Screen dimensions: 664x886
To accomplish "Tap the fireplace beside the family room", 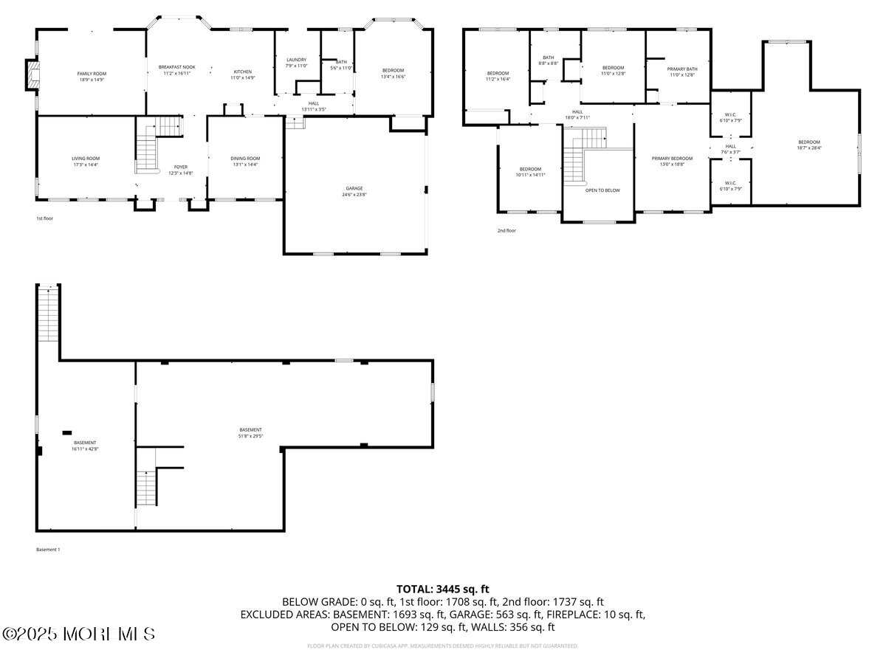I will coord(31,75).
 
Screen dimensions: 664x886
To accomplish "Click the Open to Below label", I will coord(602,190).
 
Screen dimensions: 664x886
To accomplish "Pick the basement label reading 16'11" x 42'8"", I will coord(84,446).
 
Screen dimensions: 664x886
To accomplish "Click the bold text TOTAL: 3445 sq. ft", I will coord(443,589).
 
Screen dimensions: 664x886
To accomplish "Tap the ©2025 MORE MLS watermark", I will coord(79,634).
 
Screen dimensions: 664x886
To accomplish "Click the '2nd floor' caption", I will coord(506,231).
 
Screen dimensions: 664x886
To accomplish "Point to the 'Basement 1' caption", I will coord(48,550).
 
